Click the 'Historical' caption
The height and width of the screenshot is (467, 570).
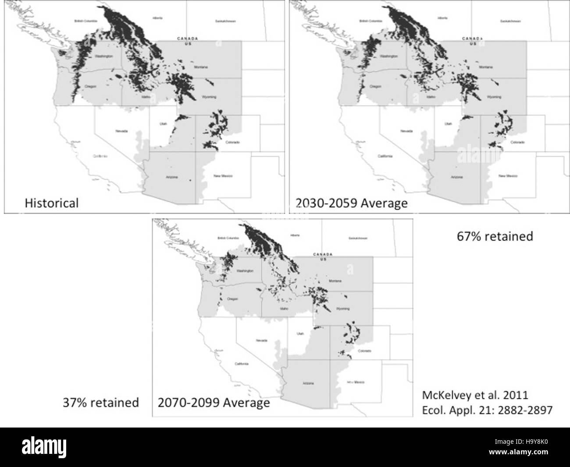(51, 203)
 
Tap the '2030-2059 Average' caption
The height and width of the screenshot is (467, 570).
(351, 203)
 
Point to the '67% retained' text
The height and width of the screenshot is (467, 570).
(495, 236)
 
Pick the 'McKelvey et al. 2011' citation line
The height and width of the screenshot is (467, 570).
(475, 395)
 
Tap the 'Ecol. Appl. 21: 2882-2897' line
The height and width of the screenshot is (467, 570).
(487, 410)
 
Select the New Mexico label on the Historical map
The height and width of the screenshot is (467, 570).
(223, 176)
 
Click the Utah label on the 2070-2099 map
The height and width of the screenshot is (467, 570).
(300, 334)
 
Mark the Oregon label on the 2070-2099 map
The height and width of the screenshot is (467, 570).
(232, 299)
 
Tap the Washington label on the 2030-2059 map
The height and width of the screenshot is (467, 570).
(389, 57)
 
